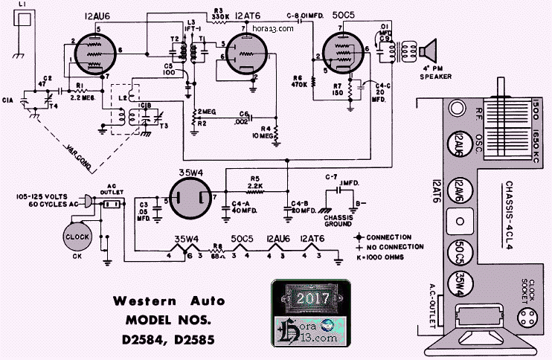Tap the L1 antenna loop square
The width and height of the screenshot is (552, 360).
coord(23,22)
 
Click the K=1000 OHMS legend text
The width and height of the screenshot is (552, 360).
coord(392,257)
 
